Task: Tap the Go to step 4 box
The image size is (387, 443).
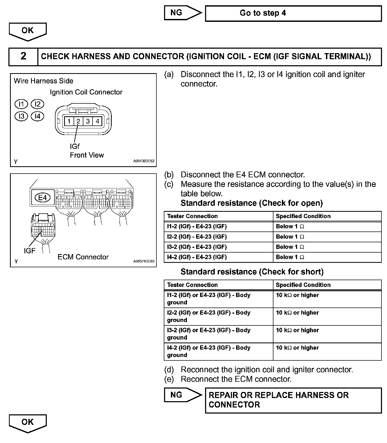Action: coord(293,13)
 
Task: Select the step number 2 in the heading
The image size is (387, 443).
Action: coord(23,56)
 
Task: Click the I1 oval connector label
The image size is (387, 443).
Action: coord(21,104)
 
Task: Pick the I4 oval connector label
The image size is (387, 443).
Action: coord(37,116)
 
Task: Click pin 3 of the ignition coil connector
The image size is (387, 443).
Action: coord(88,121)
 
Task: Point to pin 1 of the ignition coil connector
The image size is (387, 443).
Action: coord(69,121)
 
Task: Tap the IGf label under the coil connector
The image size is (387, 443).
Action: coord(75,146)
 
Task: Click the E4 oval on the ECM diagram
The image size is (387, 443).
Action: coord(42,198)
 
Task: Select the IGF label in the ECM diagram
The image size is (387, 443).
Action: coord(29,251)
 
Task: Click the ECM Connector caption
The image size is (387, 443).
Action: coord(83,257)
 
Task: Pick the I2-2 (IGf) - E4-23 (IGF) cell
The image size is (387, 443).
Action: coord(218,237)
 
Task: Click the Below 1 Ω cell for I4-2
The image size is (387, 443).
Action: coord(327,257)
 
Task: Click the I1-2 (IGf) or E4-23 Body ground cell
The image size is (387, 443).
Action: coord(218,299)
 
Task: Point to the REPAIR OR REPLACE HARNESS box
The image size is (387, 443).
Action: coord(293,400)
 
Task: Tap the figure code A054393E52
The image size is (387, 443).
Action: coord(144,161)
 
